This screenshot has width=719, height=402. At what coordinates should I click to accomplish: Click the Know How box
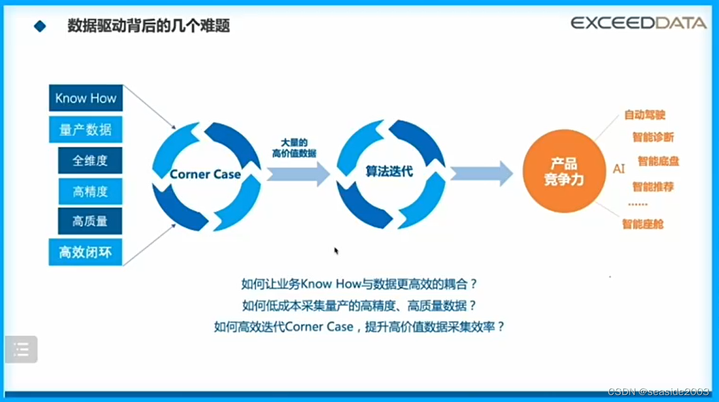[86, 98]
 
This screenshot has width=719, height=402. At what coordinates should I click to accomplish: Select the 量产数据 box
[86, 130]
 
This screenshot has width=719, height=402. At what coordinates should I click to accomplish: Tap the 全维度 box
[90, 160]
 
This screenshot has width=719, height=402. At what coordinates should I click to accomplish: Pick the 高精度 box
[90, 191]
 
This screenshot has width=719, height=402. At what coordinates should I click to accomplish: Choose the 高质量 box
[90, 221]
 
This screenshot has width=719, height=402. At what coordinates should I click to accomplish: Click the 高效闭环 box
[86, 252]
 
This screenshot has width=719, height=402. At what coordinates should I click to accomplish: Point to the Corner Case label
[205, 174]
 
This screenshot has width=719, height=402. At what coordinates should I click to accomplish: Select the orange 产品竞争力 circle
[564, 172]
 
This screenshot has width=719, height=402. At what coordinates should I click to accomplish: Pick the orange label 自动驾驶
[644, 115]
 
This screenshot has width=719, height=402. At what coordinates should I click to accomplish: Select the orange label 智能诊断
[652, 137]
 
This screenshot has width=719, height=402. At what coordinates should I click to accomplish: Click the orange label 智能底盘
[658, 162]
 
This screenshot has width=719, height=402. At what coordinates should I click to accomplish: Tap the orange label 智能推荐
[652, 186]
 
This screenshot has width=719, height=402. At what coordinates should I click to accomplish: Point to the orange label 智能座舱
[642, 223]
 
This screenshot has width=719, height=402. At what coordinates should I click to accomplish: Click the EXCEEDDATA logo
[638, 23]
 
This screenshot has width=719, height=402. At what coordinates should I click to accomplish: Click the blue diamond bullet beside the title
[40, 26]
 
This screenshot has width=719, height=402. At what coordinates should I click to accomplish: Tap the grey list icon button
[21, 349]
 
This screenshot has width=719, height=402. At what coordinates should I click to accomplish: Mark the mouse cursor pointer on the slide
[337, 251]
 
